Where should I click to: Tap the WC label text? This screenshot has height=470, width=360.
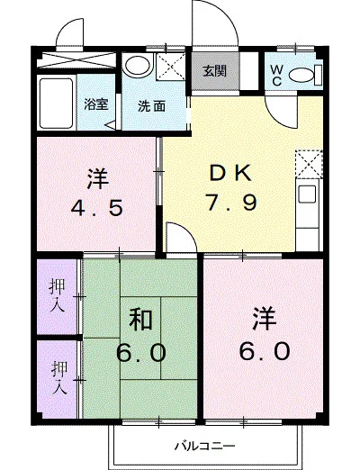276,75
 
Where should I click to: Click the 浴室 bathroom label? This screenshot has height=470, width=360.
94,104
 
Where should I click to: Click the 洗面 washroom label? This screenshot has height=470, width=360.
150,105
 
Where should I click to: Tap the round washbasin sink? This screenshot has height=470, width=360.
137,65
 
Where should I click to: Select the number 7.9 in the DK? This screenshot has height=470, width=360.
231,202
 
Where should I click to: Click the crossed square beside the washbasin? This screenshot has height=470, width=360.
167,67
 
